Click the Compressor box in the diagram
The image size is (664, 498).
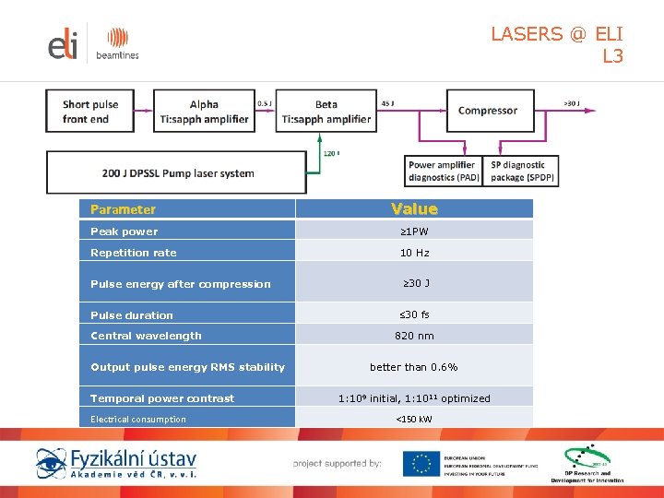tap(488, 111)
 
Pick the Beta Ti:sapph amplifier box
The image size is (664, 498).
tap(326, 112)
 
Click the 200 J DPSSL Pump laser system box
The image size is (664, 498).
tap(178, 173)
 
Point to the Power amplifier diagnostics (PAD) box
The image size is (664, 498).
tap(444, 172)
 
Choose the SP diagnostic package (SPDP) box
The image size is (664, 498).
tap(523, 172)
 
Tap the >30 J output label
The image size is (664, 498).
tap(571, 103)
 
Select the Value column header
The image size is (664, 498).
tap(414, 209)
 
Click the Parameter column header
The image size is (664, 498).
tap(123, 209)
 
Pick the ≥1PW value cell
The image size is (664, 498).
tap(414, 231)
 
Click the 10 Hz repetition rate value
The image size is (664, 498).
tap(414, 253)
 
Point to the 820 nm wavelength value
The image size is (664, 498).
tap(414, 336)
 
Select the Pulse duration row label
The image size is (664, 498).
tap(132, 315)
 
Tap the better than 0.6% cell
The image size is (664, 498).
tap(414, 367)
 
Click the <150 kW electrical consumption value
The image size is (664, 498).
tap(414, 420)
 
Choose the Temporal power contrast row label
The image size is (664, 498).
tap(162, 398)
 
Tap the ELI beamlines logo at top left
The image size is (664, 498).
tap(92, 44)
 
